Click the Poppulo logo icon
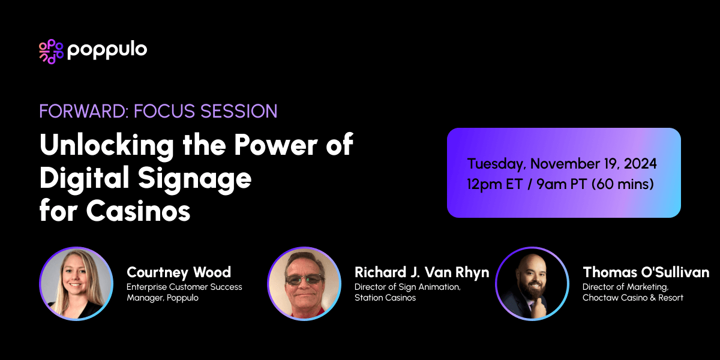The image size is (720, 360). [51, 52]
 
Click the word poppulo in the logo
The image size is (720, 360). [107, 50]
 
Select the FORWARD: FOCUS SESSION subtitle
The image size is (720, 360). [158, 111]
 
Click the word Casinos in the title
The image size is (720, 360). [139, 211]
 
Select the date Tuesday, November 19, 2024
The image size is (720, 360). [562, 163]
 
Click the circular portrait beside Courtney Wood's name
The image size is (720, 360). [76, 283]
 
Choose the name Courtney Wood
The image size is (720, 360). [179, 272]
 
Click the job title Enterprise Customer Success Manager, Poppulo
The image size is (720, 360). [184, 292]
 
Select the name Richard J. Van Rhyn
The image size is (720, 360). [422, 272]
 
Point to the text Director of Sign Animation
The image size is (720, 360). [407, 287]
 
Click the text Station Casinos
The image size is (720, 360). [385, 298]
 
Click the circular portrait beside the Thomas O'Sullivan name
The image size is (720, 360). [532, 283]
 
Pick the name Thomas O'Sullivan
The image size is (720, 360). [646, 272]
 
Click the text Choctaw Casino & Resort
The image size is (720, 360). [632, 298]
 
